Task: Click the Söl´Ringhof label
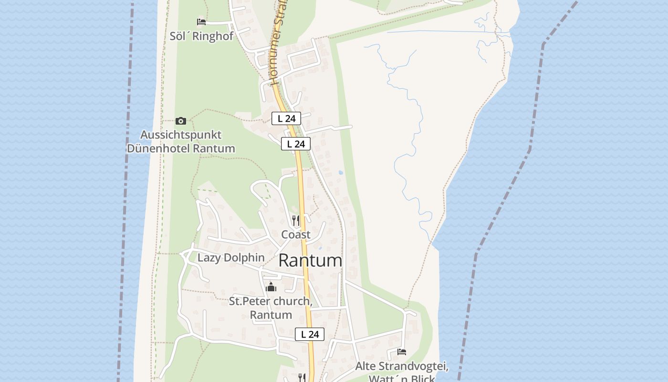point(201,36)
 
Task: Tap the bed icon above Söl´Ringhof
point(201,22)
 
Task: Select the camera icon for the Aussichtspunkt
point(180,121)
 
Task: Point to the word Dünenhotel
point(158,149)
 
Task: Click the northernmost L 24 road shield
point(286,118)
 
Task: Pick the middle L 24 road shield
point(296,144)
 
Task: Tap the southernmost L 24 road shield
point(310,334)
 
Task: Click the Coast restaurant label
point(296,234)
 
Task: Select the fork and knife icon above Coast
point(296,221)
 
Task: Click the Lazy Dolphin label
point(231,258)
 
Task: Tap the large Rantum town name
point(310,261)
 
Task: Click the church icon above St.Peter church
point(271,287)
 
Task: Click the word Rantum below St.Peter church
point(271,315)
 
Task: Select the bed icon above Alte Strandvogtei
point(402,352)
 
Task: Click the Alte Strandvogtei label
point(402,367)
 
